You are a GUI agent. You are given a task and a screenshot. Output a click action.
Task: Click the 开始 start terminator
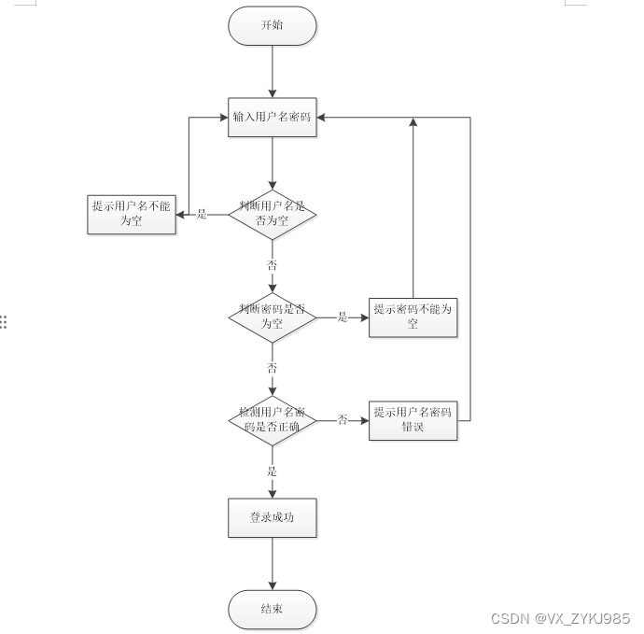click(272, 26)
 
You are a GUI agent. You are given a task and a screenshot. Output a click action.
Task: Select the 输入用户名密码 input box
click(272, 118)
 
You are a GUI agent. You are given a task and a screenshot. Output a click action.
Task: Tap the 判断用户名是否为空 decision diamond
click(272, 215)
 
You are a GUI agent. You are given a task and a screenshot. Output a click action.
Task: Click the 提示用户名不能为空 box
click(131, 214)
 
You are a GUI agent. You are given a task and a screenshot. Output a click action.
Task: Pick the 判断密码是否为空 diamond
click(272, 317)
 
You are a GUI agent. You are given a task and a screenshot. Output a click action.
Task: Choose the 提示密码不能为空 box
click(413, 317)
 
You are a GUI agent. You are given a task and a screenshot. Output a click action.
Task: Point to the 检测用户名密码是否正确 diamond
click(272, 419)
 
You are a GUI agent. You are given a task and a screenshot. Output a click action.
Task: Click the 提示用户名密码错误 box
click(413, 419)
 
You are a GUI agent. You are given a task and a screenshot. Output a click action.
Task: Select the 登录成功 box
click(272, 517)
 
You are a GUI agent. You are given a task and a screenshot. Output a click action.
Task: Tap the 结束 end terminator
click(272, 610)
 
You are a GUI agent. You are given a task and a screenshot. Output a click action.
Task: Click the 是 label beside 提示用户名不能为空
click(202, 215)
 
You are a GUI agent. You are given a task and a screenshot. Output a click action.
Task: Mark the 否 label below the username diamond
click(273, 265)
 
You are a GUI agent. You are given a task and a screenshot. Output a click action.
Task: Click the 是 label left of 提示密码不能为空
click(343, 317)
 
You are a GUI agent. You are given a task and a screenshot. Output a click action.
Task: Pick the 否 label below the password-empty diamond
click(273, 368)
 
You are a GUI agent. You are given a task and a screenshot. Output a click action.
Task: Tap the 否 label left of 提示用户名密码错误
click(343, 420)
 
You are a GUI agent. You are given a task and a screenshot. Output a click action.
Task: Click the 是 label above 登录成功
click(273, 472)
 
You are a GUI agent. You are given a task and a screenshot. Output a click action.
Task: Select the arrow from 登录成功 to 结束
click(272, 564)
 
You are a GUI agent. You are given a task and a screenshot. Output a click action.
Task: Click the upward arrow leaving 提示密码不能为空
click(413, 205)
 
